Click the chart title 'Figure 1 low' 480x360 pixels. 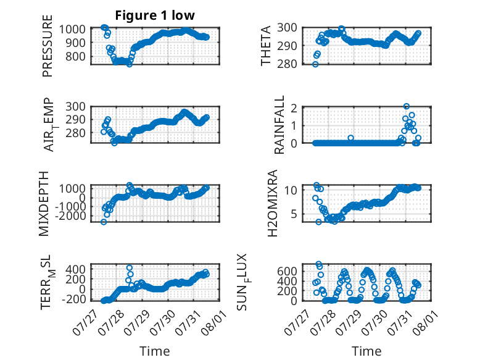coord(155,15)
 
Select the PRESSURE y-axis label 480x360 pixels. coord(48,46)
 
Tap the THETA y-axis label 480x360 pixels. coord(266,46)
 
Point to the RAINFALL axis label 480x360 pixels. coord(279,125)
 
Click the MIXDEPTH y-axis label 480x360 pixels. coord(44,204)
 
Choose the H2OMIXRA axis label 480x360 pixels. coord(273,203)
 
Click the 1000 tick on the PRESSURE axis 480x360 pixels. coord(72,30)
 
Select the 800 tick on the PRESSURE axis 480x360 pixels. coord(76,56)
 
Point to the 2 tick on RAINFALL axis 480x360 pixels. coord(294,108)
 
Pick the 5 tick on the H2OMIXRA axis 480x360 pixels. coord(294,214)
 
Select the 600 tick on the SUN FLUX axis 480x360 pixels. coord(287,271)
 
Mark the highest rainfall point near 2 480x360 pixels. coord(406,106)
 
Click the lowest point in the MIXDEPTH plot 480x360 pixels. coord(104,222)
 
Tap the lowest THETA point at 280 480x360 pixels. coord(315,64)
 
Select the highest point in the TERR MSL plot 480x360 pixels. coord(130,268)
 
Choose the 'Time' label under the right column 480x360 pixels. coord(366,351)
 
